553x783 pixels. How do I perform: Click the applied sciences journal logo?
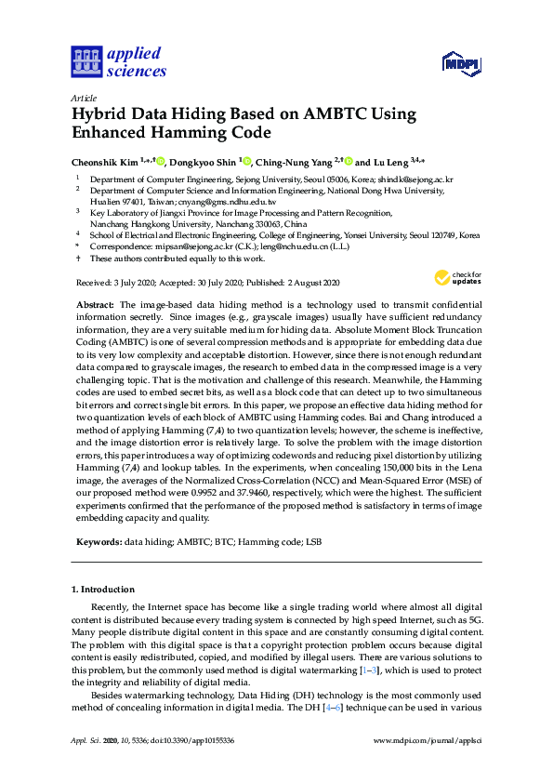tap(119, 61)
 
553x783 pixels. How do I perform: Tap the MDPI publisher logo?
tap(459, 63)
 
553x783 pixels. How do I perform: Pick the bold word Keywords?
tap(97, 539)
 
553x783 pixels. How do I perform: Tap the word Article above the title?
tap(84, 97)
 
